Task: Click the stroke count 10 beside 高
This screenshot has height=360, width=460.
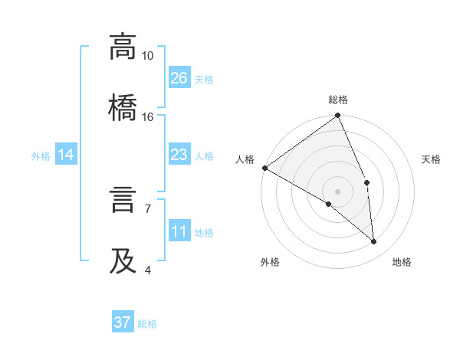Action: click(147, 56)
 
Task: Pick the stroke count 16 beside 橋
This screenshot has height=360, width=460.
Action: click(147, 117)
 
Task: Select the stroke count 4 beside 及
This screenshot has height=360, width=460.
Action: click(148, 270)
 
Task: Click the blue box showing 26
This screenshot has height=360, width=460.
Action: click(179, 78)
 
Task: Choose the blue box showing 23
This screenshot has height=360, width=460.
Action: click(179, 155)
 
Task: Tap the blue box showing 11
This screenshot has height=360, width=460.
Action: click(179, 232)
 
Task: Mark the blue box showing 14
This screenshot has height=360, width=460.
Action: click(66, 155)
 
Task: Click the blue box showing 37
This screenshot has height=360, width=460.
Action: click(123, 322)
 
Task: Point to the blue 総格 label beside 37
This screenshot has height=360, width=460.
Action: click(147, 324)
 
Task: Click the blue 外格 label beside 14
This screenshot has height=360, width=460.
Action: click(41, 156)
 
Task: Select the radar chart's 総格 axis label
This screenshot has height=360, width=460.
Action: click(338, 100)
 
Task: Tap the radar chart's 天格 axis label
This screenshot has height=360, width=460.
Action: click(432, 159)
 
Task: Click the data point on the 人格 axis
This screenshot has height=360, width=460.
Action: click(264, 168)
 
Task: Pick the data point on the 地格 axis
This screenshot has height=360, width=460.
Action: click(374, 242)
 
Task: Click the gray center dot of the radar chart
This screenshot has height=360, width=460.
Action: click(337, 191)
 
